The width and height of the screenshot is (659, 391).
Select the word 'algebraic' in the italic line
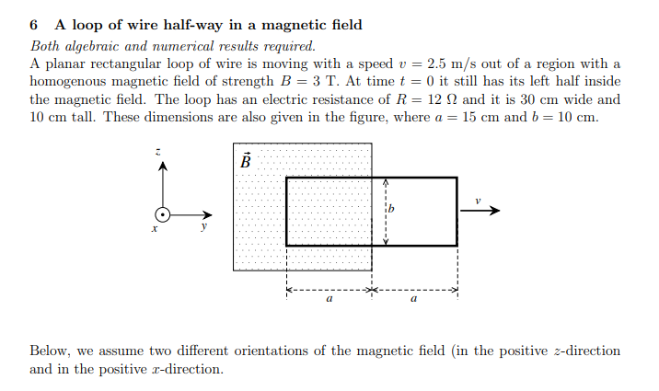(x=92, y=45)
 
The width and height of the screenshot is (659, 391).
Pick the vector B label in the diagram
(x=245, y=160)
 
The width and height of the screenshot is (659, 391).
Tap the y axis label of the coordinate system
(x=203, y=230)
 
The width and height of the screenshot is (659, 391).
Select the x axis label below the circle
(x=154, y=230)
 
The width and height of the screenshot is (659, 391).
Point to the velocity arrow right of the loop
(x=480, y=211)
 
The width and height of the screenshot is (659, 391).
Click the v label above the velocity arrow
(x=479, y=200)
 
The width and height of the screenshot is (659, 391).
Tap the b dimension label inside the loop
(x=390, y=210)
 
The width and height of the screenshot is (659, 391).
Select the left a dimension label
(x=329, y=300)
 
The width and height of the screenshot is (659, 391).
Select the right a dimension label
(x=414, y=300)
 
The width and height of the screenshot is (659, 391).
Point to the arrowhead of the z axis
(x=163, y=166)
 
